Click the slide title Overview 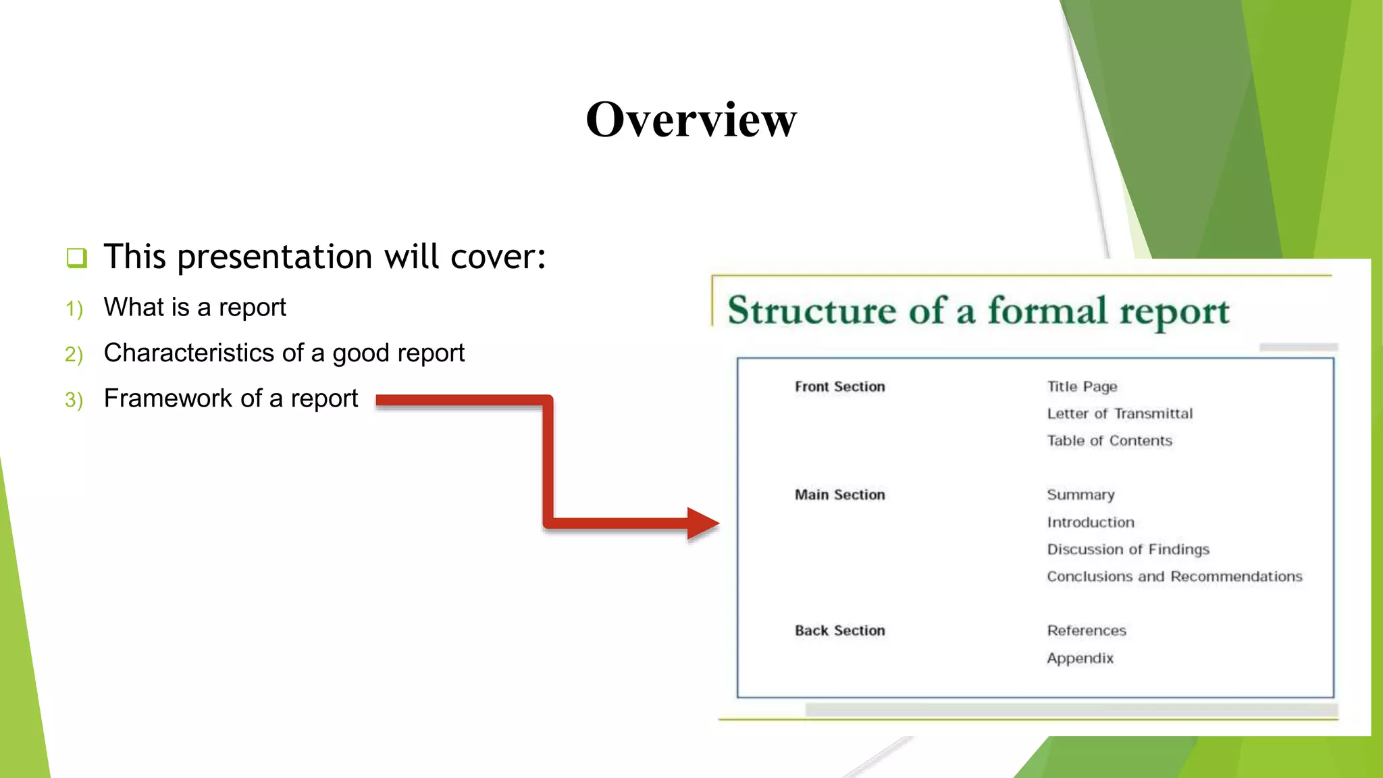click(691, 120)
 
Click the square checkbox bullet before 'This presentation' click(77, 258)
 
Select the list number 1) click(74, 309)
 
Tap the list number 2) click(74, 354)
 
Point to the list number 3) click(74, 400)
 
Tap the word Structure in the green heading click(811, 311)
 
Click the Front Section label click(839, 387)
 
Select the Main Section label click(839, 495)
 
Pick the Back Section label click(839, 631)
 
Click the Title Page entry click(1082, 387)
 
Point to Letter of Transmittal click(1120, 414)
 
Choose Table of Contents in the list click(1110, 441)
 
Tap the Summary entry click(1080, 495)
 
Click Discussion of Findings click(1128, 550)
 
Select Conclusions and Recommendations click(1174, 577)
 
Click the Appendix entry click(1080, 658)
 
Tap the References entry click(1087, 631)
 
